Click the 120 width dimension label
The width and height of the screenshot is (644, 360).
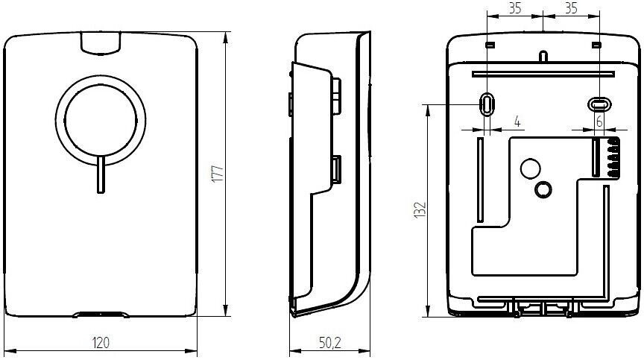101,342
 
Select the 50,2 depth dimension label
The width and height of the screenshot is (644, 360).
330,343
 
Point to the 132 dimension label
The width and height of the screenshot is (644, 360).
420,209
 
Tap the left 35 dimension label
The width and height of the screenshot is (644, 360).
515,7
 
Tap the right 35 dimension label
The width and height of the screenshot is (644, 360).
571,7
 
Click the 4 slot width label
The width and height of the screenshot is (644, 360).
517,121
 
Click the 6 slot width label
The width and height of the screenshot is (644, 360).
599,121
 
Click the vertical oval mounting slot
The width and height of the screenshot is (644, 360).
487,104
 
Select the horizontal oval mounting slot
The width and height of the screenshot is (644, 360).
599,104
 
